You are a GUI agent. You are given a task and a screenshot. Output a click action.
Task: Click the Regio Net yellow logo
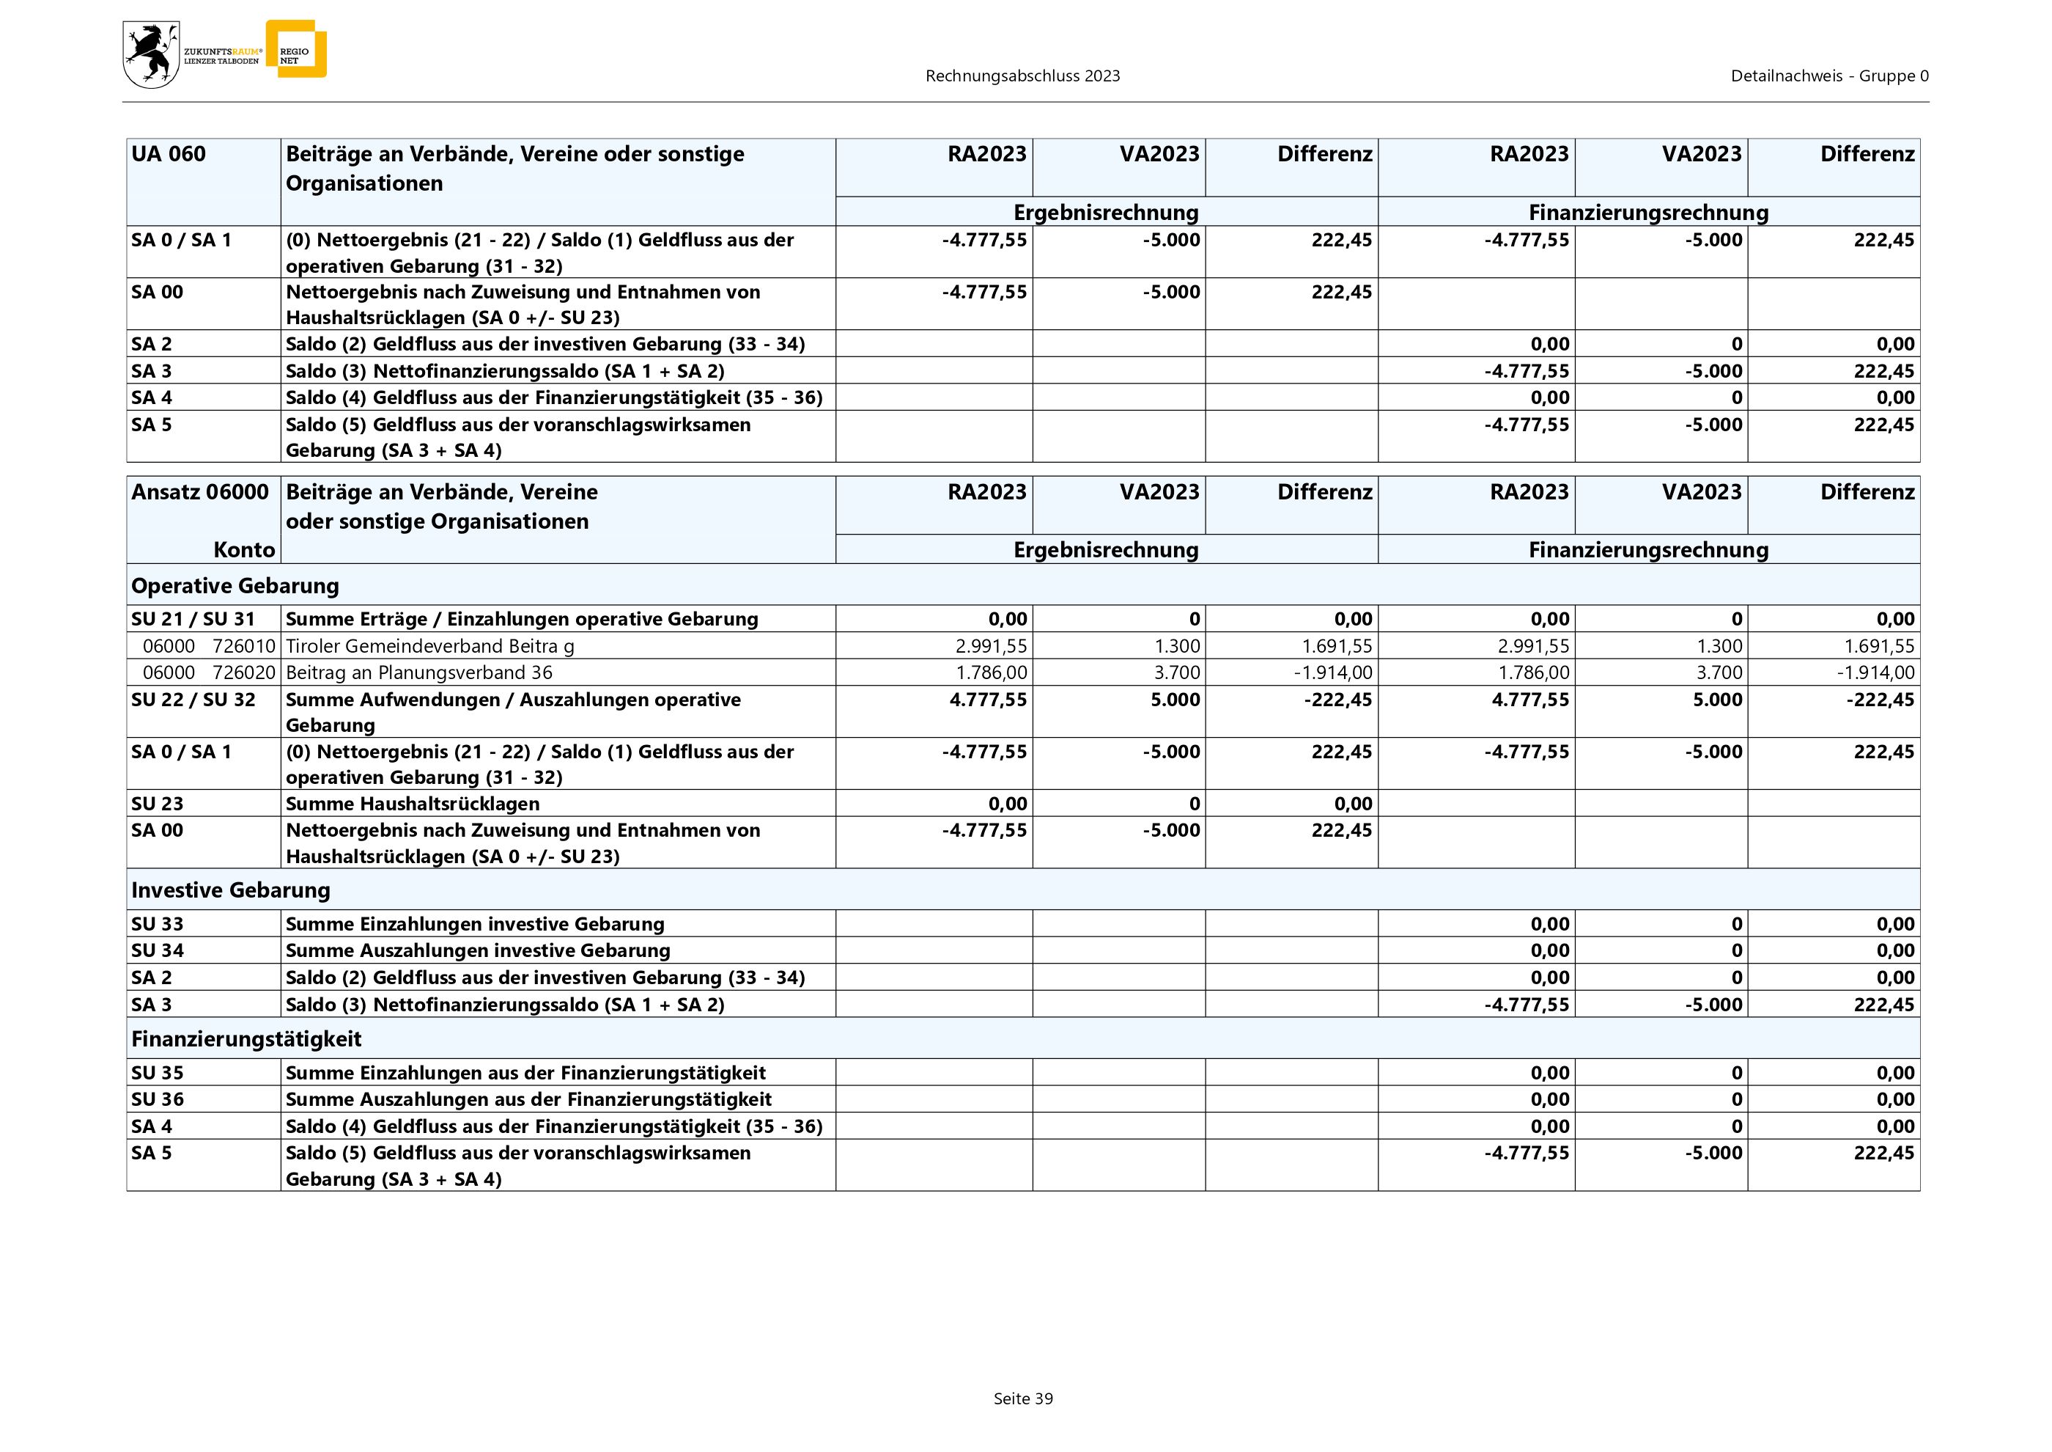click(x=296, y=49)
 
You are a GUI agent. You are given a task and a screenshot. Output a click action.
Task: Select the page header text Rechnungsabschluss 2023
click(x=1022, y=76)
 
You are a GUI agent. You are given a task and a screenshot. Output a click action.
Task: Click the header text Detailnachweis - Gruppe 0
click(x=1828, y=76)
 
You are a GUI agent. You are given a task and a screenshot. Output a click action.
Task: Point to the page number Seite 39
click(x=1022, y=1398)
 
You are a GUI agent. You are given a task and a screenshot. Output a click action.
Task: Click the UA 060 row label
click(x=168, y=154)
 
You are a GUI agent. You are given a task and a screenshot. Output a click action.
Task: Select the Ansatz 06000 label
click(x=199, y=492)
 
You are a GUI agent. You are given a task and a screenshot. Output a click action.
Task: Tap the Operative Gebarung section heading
click(x=235, y=586)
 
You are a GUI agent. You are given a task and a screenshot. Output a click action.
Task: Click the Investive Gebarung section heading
click(x=231, y=890)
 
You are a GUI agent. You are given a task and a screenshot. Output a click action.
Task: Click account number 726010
click(x=244, y=645)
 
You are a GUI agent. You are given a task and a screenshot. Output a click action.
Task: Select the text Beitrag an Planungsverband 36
click(x=419, y=672)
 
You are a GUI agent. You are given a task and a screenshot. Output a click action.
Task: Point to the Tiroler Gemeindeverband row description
click(x=430, y=645)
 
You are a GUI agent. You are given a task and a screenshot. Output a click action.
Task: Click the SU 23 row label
click(x=158, y=803)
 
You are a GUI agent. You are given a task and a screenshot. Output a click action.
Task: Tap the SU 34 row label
click(x=158, y=950)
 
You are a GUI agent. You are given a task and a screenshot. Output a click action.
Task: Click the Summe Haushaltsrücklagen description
click(x=412, y=803)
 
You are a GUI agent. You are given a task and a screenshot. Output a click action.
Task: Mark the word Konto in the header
click(x=244, y=550)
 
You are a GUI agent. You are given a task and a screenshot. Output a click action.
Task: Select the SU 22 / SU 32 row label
click(x=193, y=699)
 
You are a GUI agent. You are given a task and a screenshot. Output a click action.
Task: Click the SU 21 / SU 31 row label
click(x=193, y=619)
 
